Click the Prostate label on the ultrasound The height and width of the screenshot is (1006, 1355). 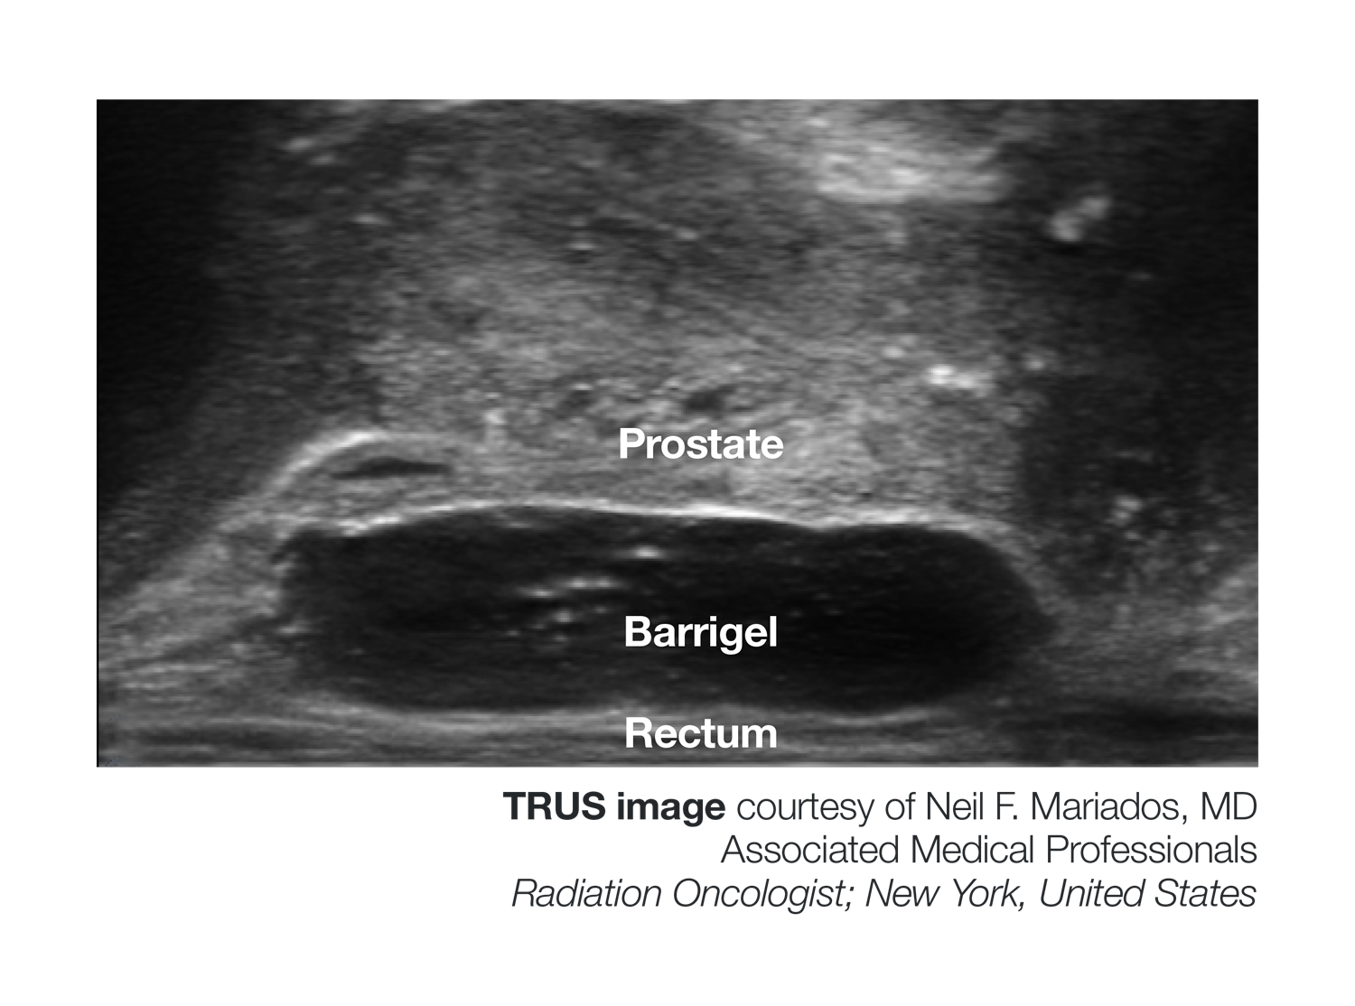click(x=700, y=444)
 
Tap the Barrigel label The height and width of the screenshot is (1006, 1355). click(x=700, y=632)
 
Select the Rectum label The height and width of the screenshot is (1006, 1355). click(x=700, y=733)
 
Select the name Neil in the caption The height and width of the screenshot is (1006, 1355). click(x=954, y=806)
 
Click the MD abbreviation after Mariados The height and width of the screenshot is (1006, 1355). click(x=1229, y=806)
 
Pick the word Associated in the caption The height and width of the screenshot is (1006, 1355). click(x=810, y=850)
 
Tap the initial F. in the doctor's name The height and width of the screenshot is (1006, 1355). click(x=1006, y=806)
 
